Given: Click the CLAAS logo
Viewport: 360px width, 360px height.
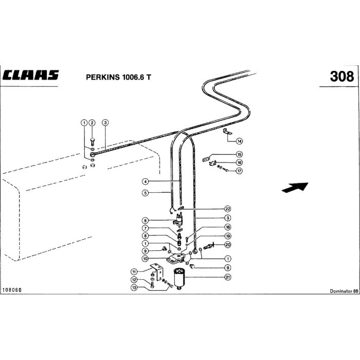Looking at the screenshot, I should (x=31, y=75).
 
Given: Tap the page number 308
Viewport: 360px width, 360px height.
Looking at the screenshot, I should (x=341, y=76).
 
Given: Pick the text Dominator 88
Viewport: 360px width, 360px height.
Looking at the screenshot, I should (x=344, y=291).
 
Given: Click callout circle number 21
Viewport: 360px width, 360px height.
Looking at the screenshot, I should (x=227, y=277).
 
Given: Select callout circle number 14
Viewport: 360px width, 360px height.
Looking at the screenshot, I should (x=239, y=140).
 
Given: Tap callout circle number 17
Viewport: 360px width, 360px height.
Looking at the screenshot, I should (x=239, y=171).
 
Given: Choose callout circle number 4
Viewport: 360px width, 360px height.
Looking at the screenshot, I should (x=146, y=182).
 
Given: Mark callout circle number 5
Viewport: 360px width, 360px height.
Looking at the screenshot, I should (x=146, y=193).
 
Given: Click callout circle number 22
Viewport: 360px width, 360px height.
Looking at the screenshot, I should (x=227, y=209).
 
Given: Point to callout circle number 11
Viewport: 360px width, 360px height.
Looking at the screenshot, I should (x=134, y=272).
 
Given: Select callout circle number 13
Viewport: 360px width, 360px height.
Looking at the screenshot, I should (x=134, y=287).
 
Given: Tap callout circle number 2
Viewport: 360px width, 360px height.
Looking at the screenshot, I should (x=92, y=122).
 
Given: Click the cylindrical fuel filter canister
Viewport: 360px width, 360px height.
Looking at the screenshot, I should (x=180, y=279).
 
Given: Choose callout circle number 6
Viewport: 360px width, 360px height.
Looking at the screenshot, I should (x=146, y=220).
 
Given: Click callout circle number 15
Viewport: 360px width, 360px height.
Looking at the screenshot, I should (x=239, y=154).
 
